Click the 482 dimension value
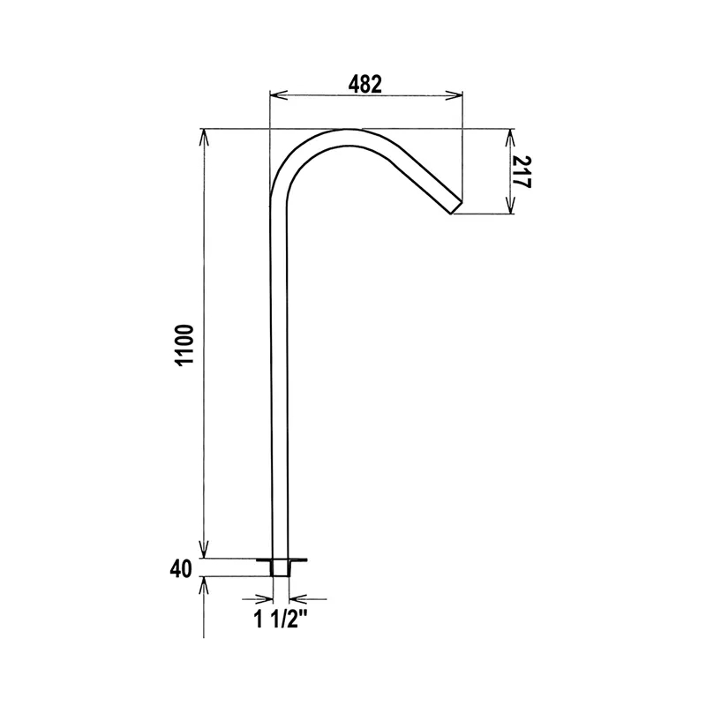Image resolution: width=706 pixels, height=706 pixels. point(364,84)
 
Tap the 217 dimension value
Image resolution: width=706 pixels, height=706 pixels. point(522,172)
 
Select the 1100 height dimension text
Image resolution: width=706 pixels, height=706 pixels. point(184,345)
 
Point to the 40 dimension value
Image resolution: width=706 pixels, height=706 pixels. point(181,569)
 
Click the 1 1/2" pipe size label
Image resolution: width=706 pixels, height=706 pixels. point(281,620)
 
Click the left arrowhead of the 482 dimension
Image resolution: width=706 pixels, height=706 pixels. point(278,95)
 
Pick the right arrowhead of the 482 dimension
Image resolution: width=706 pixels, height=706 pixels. point(454,95)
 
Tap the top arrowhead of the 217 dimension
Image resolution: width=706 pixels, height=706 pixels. point(510,138)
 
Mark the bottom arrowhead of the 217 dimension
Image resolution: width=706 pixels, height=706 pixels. point(510,205)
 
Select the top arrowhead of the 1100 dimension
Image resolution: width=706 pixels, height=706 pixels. point(204,139)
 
